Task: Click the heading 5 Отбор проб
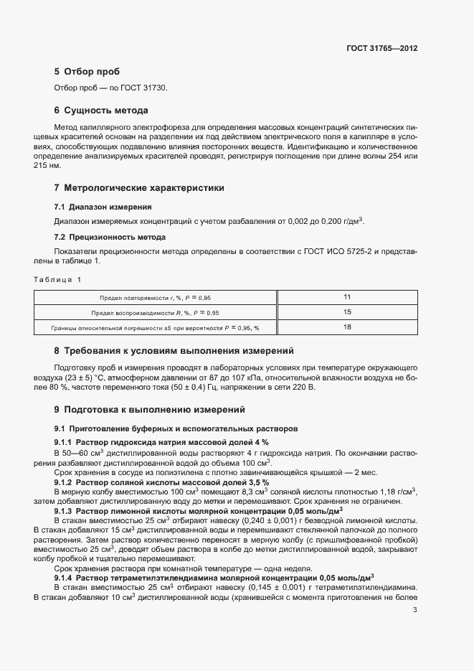[x=87, y=72]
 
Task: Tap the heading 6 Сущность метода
[x=100, y=111]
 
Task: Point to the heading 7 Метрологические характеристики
[x=139, y=188]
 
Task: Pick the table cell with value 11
[x=347, y=297]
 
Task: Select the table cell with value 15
[x=347, y=312]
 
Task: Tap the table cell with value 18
[x=347, y=327]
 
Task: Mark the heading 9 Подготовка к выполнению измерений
[x=149, y=410]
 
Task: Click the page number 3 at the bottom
[x=415, y=611]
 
